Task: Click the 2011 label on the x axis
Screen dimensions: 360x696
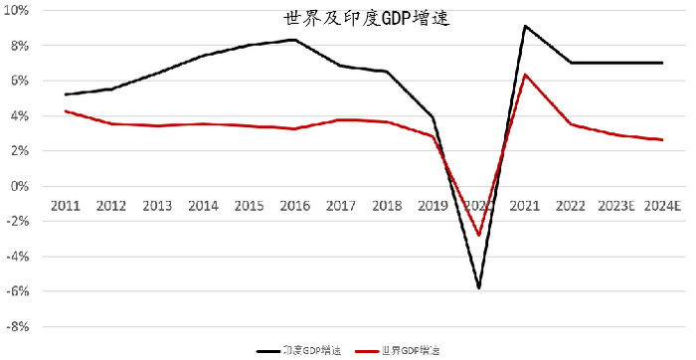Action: (65, 206)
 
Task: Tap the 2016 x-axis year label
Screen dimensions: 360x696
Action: (295, 206)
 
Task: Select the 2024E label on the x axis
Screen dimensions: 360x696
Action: (661, 206)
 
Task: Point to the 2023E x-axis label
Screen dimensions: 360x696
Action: (615, 206)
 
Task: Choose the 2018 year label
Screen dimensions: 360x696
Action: (387, 206)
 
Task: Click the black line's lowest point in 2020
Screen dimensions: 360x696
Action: (479, 288)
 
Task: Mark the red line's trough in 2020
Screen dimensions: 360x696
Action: (479, 236)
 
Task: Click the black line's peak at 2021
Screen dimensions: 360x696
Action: (525, 26)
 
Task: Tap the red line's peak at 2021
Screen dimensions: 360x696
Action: (525, 75)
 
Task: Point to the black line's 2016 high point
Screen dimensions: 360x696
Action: (294, 40)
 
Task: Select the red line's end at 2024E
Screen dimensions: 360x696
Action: (662, 140)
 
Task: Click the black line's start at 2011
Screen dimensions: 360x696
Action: (65, 94)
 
